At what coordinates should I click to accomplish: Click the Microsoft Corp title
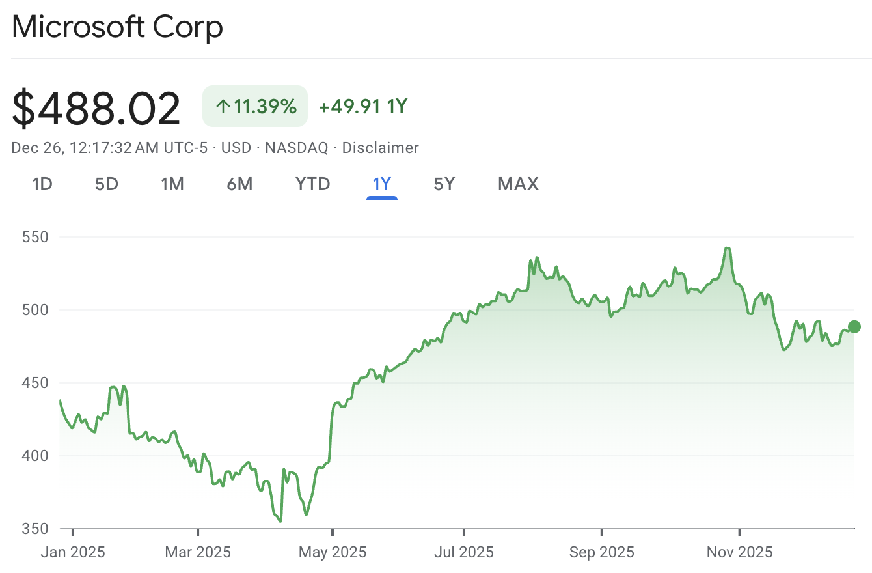coord(117,27)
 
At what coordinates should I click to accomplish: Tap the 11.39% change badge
coord(255,106)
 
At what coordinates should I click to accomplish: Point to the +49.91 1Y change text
coord(362,106)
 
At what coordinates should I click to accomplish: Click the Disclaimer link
coord(380,148)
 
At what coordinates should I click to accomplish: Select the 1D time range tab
coord(42,184)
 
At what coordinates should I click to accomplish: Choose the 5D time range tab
coord(107,184)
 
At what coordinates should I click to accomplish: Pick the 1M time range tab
coord(172,184)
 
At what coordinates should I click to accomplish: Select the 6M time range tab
coord(239,184)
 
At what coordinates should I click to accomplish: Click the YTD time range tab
coord(313,184)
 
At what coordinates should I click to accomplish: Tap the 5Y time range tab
coord(444,184)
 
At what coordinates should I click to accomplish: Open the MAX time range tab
coord(518,184)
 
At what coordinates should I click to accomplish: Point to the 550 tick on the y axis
coord(35,237)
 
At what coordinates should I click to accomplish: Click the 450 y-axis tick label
coord(35,383)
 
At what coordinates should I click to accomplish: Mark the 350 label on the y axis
coord(35,529)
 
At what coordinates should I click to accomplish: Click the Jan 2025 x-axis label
coord(73,553)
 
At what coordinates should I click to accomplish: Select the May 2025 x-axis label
coord(333,553)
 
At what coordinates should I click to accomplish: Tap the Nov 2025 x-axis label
coord(739,553)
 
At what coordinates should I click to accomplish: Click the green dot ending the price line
coord(854,327)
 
